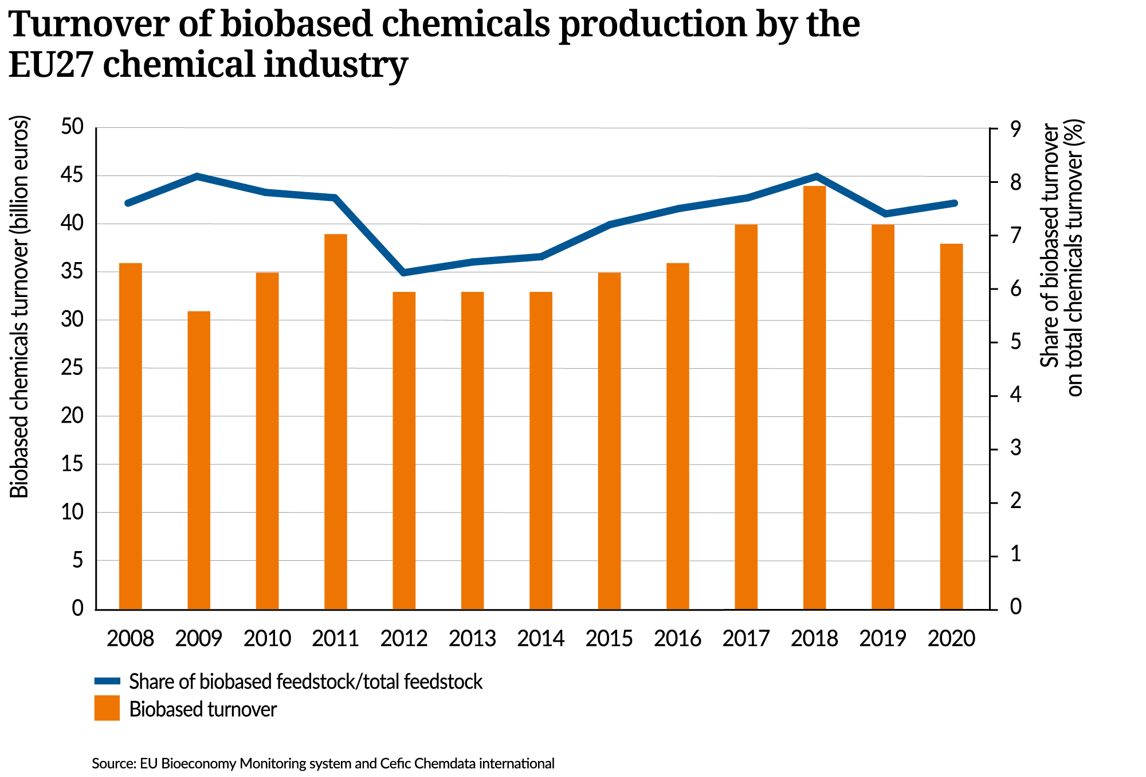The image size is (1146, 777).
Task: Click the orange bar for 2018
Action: point(814,397)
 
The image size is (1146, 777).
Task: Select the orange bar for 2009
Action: point(199,460)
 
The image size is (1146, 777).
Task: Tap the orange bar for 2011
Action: point(336,421)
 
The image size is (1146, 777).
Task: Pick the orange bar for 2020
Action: point(951,426)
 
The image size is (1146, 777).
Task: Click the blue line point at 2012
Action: point(404,272)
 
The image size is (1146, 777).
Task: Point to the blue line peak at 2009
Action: point(197,176)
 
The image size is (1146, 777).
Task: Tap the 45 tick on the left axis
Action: point(72,176)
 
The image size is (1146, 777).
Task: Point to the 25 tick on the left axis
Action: point(72,368)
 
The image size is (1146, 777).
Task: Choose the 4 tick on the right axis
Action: point(1016,396)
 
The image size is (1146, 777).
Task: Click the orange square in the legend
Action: point(107,708)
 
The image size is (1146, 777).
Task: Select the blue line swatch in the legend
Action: point(107,681)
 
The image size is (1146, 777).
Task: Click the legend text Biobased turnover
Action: point(203,709)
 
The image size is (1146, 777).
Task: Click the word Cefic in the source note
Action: point(395,764)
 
